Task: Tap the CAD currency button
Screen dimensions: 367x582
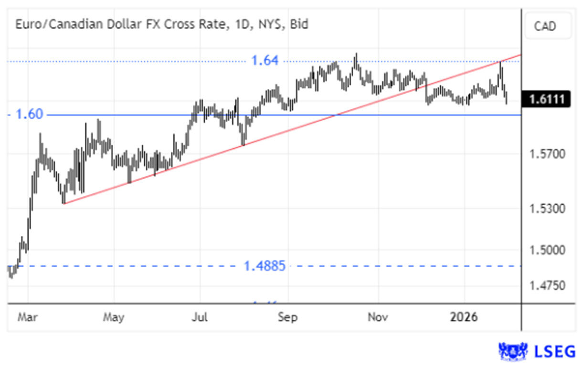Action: tap(545, 26)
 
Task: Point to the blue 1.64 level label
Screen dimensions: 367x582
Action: tap(265, 61)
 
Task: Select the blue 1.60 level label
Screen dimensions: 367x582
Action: tap(29, 115)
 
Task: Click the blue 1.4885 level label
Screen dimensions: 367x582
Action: tap(265, 266)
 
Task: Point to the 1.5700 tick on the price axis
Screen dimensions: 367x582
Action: tap(547, 154)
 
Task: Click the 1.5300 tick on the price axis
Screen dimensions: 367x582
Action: tap(547, 209)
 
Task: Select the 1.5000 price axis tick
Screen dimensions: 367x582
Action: tap(547, 250)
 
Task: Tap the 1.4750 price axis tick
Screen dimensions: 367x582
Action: tap(547, 286)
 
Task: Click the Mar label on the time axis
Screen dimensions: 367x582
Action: tap(28, 317)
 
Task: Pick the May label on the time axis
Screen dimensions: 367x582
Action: tap(114, 317)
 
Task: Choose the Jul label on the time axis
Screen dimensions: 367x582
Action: tap(200, 317)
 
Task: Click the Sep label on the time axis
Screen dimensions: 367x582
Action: tap(287, 317)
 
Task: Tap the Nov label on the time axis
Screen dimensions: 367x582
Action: tap(377, 317)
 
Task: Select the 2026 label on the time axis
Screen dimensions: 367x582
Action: tap(464, 317)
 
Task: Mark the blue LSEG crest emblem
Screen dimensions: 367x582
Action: tap(513, 352)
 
